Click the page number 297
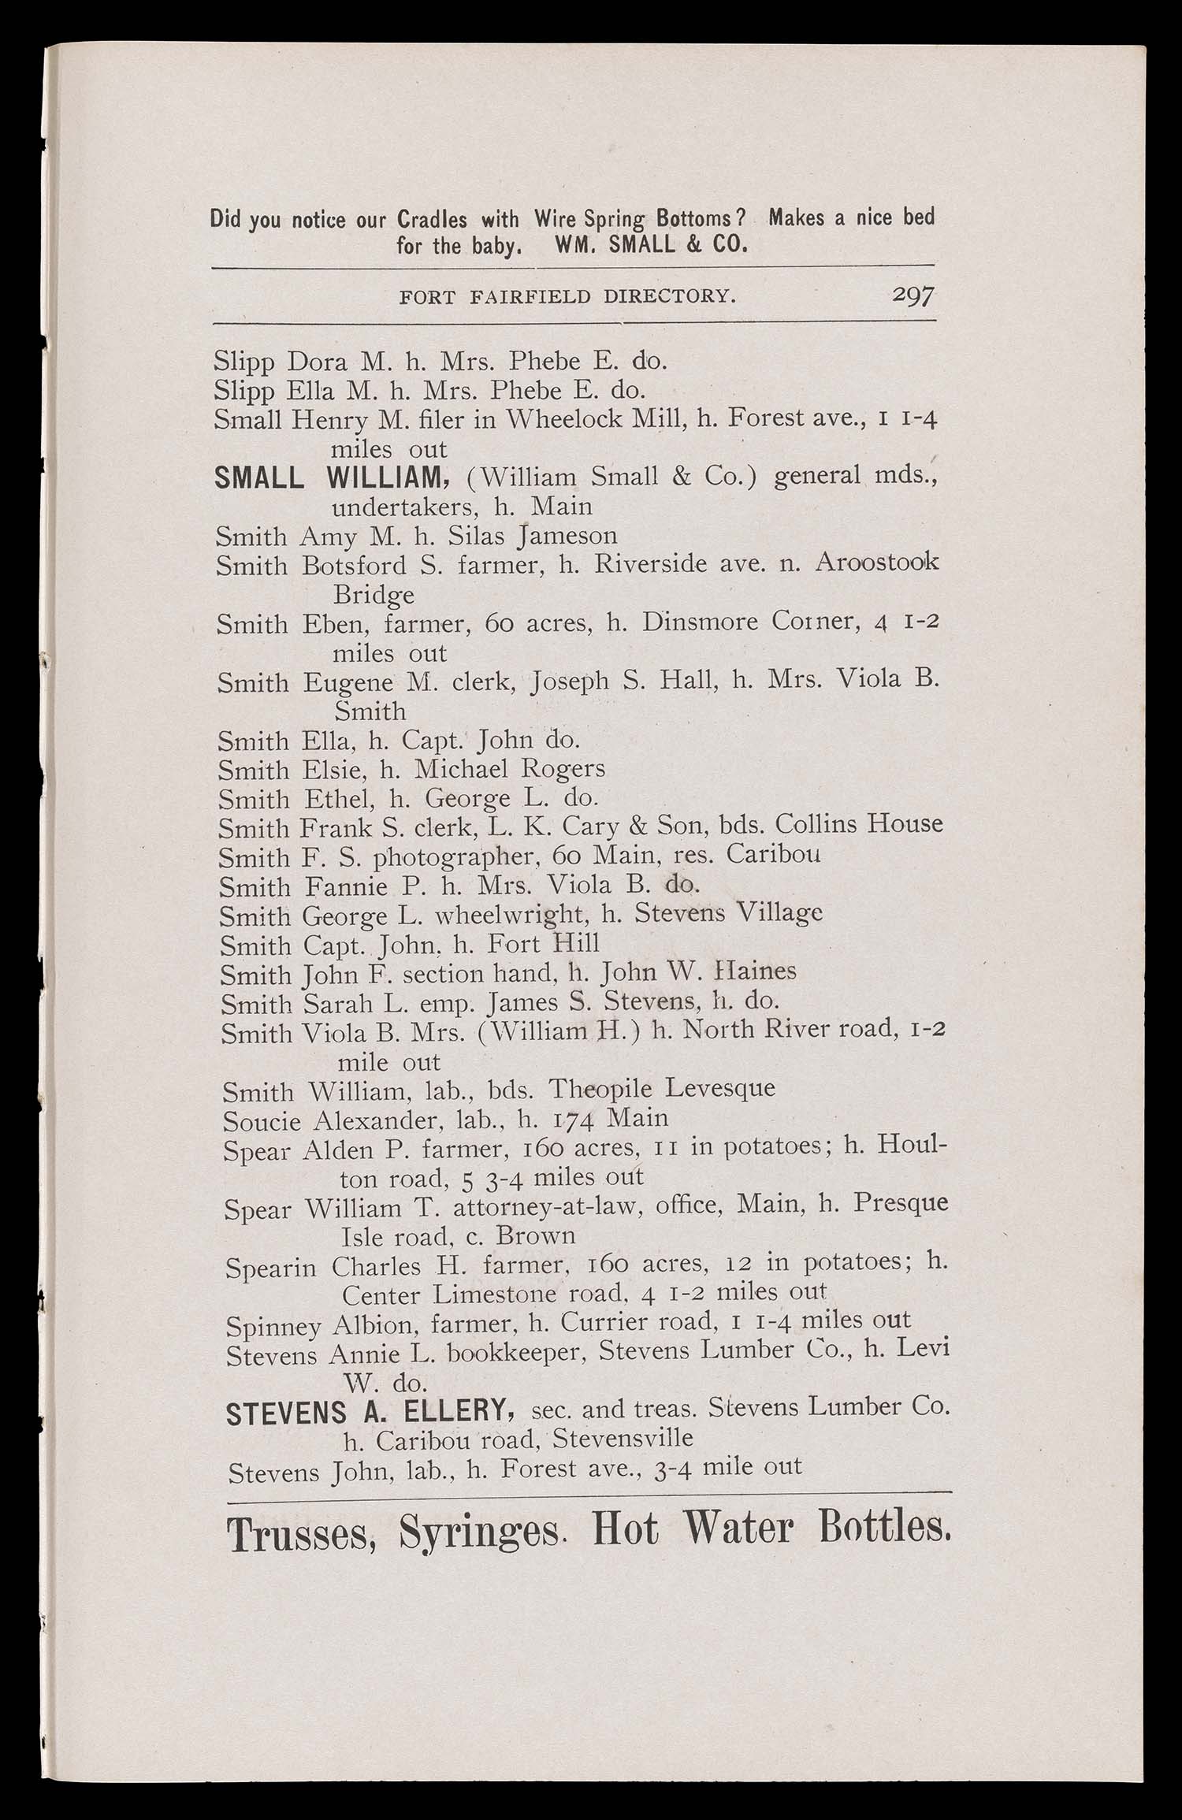913,295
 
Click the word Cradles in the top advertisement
431,219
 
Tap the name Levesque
720,1089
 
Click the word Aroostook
876,563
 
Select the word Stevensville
623,1439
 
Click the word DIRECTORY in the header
670,297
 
